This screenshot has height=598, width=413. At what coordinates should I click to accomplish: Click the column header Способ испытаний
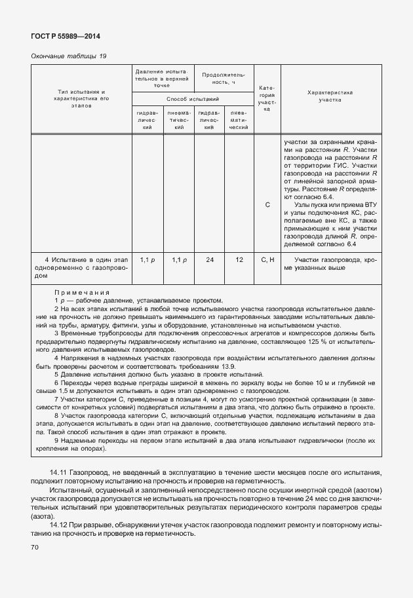click(x=193, y=98)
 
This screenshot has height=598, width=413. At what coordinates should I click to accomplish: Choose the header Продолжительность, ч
click(x=224, y=79)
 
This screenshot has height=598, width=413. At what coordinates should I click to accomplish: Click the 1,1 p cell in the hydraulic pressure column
click(x=147, y=261)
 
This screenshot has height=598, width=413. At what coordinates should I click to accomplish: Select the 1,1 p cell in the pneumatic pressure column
click(x=178, y=261)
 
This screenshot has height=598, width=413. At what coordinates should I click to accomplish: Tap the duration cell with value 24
click(x=209, y=261)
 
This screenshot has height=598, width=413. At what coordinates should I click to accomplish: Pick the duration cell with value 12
click(x=239, y=261)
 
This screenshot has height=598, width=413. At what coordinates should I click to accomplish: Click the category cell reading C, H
click(x=267, y=261)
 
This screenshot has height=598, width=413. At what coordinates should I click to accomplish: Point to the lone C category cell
click(x=267, y=205)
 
